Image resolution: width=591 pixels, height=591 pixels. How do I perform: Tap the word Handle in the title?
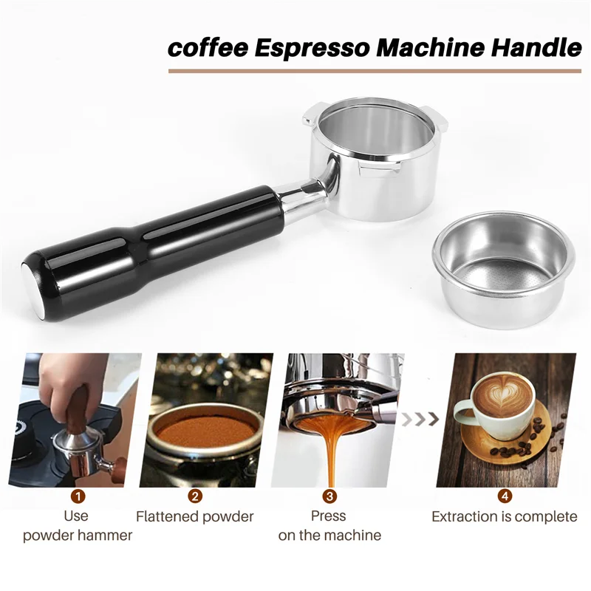[x=537, y=49]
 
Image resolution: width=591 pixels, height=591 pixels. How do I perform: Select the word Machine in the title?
[x=434, y=49]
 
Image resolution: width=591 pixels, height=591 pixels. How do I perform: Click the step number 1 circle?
[x=78, y=496]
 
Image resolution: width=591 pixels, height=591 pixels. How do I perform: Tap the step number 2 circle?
[x=195, y=496]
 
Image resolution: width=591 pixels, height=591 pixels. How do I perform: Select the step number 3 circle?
[x=329, y=496]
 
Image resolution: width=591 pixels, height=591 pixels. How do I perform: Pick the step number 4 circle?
[x=505, y=496]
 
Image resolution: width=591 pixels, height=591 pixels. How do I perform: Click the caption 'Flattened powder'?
[x=195, y=516]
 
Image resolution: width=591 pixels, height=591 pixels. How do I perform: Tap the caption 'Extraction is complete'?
[x=505, y=516]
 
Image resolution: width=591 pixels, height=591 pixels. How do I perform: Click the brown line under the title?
[x=375, y=71]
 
